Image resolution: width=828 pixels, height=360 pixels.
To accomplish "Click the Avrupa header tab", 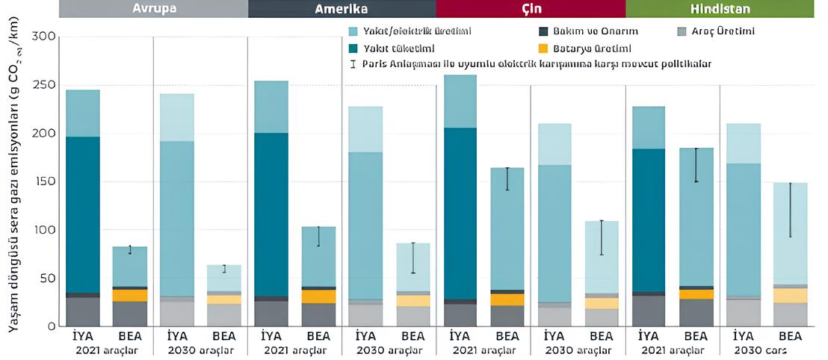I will [x=153, y=8].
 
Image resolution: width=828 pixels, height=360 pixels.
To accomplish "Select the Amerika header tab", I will [x=342, y=8].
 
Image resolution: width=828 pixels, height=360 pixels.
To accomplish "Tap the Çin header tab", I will [x=531, y=8].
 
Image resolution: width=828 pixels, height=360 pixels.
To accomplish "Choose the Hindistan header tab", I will [x=720, y=8].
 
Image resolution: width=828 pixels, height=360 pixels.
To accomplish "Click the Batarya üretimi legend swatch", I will [x=543, y=48].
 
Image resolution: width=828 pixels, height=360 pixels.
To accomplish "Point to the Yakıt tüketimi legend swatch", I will [x=354, y=48].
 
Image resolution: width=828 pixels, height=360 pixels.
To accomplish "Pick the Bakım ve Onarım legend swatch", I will [x=543, y=32].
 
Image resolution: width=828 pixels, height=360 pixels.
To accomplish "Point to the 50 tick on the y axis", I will [x=47, y=278].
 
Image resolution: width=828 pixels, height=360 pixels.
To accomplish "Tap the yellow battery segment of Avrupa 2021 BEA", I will [x=129, y=295].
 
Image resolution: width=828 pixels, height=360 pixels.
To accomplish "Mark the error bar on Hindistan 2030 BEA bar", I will [x=790, y=210].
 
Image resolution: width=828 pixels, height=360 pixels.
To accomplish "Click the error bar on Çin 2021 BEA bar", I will [x=507, y=179].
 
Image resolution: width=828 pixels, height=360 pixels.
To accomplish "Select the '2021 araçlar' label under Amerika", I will [x=294, y=350].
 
